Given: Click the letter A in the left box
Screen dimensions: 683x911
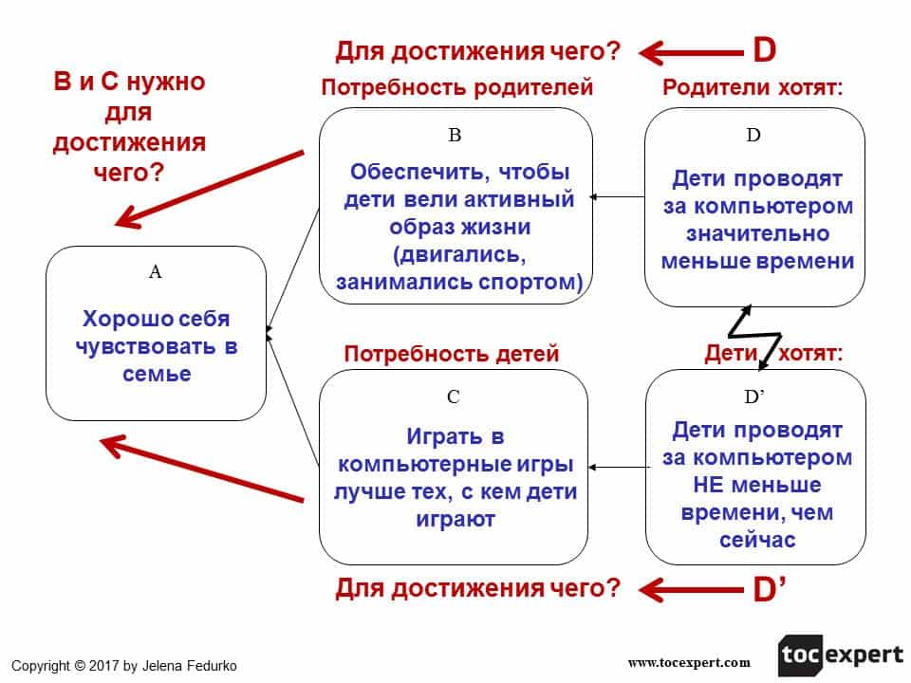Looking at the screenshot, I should pyautogui.click(x=156, y=272).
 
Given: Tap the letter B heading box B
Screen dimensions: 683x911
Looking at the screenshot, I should pyautogui.click(x=455, y=136).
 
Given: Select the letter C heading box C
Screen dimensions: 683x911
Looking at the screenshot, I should pyautogui.click(x=454, y=397).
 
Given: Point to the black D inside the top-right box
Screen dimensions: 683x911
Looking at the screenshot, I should pyautogui.click(x=753, y=136).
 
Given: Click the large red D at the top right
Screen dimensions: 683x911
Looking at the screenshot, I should pyautogui.click(x=765, y=49).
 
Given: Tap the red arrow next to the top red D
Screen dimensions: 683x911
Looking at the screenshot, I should pyautogui.click(x=690, y=50).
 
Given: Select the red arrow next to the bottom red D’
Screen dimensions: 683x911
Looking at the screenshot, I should pyautogui.click(x=690, y=591).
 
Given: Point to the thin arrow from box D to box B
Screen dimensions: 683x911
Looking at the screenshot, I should pyautogui.click(x=617, y=197).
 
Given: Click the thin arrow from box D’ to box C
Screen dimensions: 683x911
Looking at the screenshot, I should pyautogui.click(x=617, y=467).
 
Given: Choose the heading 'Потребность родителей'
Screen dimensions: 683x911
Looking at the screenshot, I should pyautogui.click(x=457, y=88).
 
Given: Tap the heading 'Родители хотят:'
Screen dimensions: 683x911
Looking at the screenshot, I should pyautogui.click(x=753, y=88).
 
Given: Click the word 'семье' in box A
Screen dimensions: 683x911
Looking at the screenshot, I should pyautogui.click(x=157, y=374).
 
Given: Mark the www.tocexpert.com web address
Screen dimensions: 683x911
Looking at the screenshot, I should pyautogui.click(x=689, y=662).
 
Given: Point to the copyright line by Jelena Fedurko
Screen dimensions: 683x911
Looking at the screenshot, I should pyautogui.click(x=123, y=666).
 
